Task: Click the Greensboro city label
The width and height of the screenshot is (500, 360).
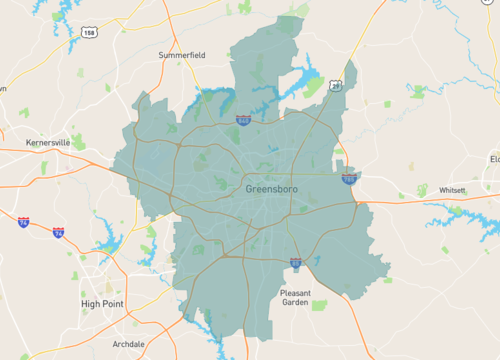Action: click(x=271, y=188)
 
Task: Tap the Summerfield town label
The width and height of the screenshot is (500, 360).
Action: click(x=182, y=55)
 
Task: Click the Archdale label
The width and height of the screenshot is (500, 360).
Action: click(x=129, y=343)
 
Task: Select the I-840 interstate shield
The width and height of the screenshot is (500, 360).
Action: click(x=244, y=120)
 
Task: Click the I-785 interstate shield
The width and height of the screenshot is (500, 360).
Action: click(x=349, y=179)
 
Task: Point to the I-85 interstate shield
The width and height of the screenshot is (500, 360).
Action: click(x=296, y=262)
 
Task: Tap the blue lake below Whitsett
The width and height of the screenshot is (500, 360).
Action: click(x=455, y=214)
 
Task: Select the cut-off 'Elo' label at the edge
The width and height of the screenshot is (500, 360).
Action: click(x=494, y=159)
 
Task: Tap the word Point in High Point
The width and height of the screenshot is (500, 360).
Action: click(x=117, y=303)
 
